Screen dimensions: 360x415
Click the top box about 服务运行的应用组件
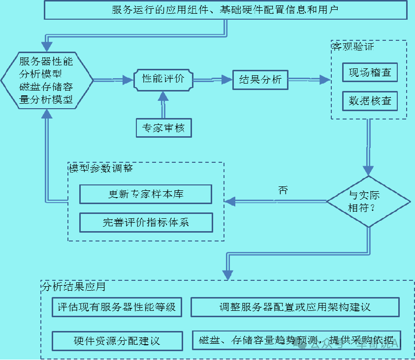225,10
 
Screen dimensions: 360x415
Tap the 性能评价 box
163,79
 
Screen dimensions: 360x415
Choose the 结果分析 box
260,80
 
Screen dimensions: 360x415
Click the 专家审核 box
163,128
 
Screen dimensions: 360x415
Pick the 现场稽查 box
370,72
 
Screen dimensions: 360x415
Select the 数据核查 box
370,101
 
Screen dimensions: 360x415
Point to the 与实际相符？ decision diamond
368,201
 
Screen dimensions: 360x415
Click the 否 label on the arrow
283,191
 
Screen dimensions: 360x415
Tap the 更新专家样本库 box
146,194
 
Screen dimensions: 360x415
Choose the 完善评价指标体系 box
146,222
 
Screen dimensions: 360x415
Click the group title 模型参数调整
101,168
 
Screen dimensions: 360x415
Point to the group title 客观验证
353,47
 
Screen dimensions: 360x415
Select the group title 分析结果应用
74,286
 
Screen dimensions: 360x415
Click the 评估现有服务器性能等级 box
117,307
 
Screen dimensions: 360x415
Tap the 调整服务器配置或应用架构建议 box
295,307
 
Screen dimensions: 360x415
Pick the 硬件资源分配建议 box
117,340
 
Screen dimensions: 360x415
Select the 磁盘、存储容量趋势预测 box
296,340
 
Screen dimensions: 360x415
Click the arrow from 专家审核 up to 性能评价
163,104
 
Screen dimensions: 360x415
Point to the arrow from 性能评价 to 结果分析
212,80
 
